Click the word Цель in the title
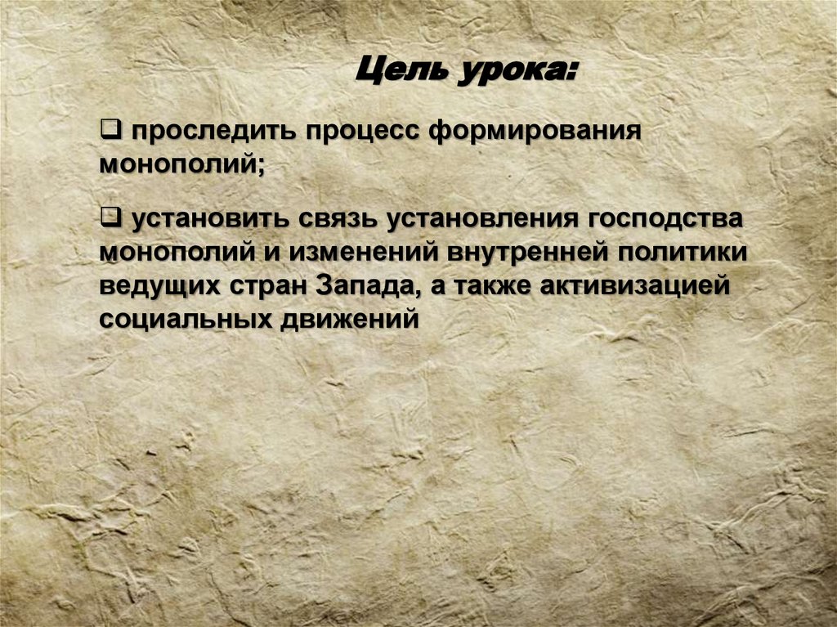[398, 69]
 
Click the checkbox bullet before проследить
[110, 128]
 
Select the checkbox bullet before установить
[110, 217]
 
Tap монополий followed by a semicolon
[181, 163]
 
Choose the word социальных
[180, 319]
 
